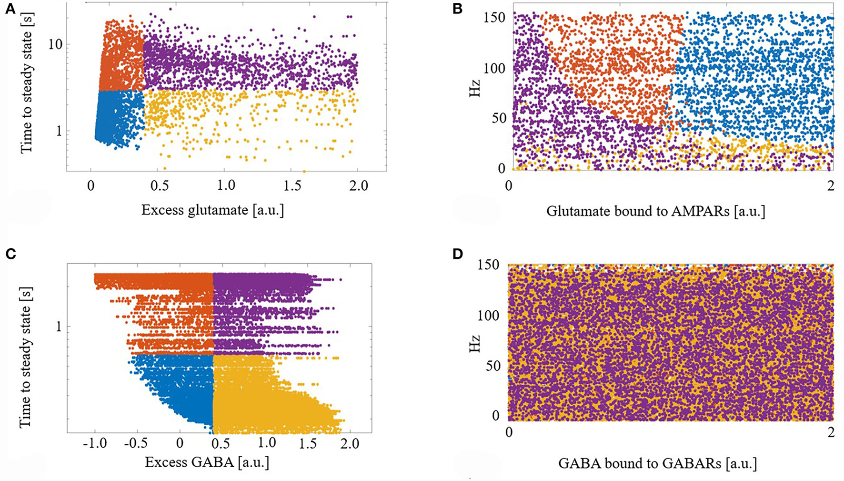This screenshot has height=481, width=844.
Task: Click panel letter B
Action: pyautogui.click(x=458, y=9)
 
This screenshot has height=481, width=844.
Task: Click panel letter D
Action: pyautogui.click(x=458, y=255)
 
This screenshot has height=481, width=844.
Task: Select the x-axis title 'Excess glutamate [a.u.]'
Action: pyautogui.click(x=212, y=210)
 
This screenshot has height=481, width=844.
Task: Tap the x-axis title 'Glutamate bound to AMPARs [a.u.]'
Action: pyautogui.click(x=655, y=211)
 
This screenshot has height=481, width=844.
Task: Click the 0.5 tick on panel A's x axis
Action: pyautogui.click(x=160, y=185)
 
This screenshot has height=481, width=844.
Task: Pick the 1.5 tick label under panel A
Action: pyautogui.click(x=293, y=185)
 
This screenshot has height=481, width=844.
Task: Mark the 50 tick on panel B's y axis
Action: pyautogui.click(x=496, y=118)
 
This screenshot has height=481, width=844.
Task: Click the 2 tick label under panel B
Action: pyautogui.click(x=831, y=186)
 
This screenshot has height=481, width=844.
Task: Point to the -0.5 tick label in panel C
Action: pyautogui.click(x=139, y=443)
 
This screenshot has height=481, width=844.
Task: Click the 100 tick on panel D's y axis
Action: pyautogui.click(x=489, y=316)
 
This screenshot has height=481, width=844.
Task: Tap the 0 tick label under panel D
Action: pyautogui.click(x=509, y=432)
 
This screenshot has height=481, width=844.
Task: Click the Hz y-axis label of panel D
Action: pyautogui.click(x=474, y=343)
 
